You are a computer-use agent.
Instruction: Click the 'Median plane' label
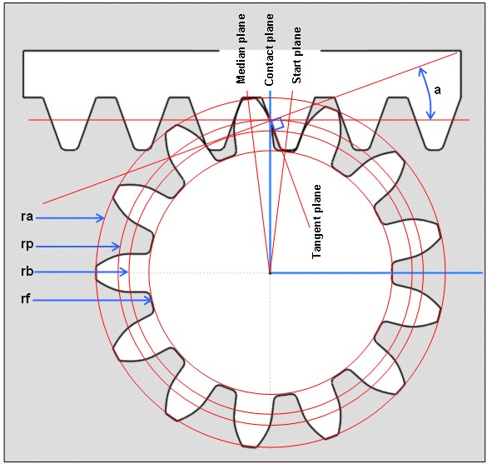[x=241, y=49]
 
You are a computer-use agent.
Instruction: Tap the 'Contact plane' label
[x=269, y=50]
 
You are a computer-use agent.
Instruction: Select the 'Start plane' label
[x=296, y=55]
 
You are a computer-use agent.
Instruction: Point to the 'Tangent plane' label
[x=316, y=222]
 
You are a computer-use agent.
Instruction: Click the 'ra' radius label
[x=27, y=216]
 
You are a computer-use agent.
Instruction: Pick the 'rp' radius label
[x=27, y=245]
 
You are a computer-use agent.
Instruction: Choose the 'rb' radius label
[x=27, y=272]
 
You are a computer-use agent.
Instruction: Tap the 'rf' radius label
[x=26, y=299]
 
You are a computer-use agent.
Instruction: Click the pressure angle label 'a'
[x=437, y=90]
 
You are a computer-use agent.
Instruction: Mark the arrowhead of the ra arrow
[x=101, y=218]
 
